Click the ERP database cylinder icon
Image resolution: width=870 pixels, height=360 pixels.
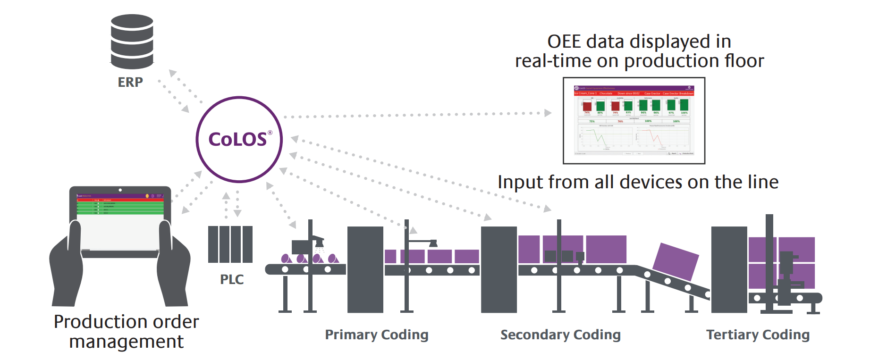[132, 42]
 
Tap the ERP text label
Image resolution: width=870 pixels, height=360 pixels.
[130, 82]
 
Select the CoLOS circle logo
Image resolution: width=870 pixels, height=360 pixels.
[239, 140]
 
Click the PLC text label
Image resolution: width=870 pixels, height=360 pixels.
[232, 279]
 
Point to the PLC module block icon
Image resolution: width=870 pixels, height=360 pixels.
[230, 244]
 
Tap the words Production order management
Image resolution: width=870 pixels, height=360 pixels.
[127, 331]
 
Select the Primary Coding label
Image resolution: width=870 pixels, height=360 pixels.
[376, 335]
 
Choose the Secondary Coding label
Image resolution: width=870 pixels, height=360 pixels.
[560, 335]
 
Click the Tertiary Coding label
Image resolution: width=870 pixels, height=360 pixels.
[758, 335]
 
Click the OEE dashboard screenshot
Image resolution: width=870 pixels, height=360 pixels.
[633, 121]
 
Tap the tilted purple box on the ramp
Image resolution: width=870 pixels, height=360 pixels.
[675, 261]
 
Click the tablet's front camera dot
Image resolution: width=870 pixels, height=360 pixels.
[120, 190]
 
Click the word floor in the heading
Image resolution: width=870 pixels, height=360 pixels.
[744, 61]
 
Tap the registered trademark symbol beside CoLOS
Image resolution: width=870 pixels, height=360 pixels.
[270, 133]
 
